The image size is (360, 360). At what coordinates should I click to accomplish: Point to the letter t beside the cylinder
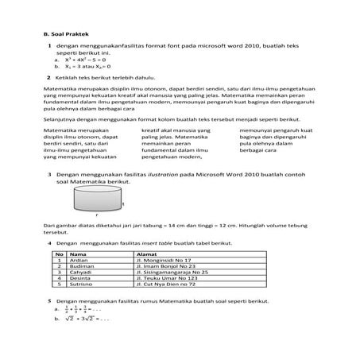tap(122, 204)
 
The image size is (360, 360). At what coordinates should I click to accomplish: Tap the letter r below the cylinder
tap(96, 215)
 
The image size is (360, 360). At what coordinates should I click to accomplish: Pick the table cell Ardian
tap(78, 260)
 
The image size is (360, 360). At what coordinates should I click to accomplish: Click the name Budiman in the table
tap(80, 266)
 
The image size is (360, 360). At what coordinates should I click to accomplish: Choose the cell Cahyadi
tap(79, 273)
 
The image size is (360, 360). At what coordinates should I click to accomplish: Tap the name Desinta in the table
tap(79, 279)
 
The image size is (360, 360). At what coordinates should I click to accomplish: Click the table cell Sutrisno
tap(80, 285)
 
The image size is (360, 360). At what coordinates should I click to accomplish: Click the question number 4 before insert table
tap(48, 242)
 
